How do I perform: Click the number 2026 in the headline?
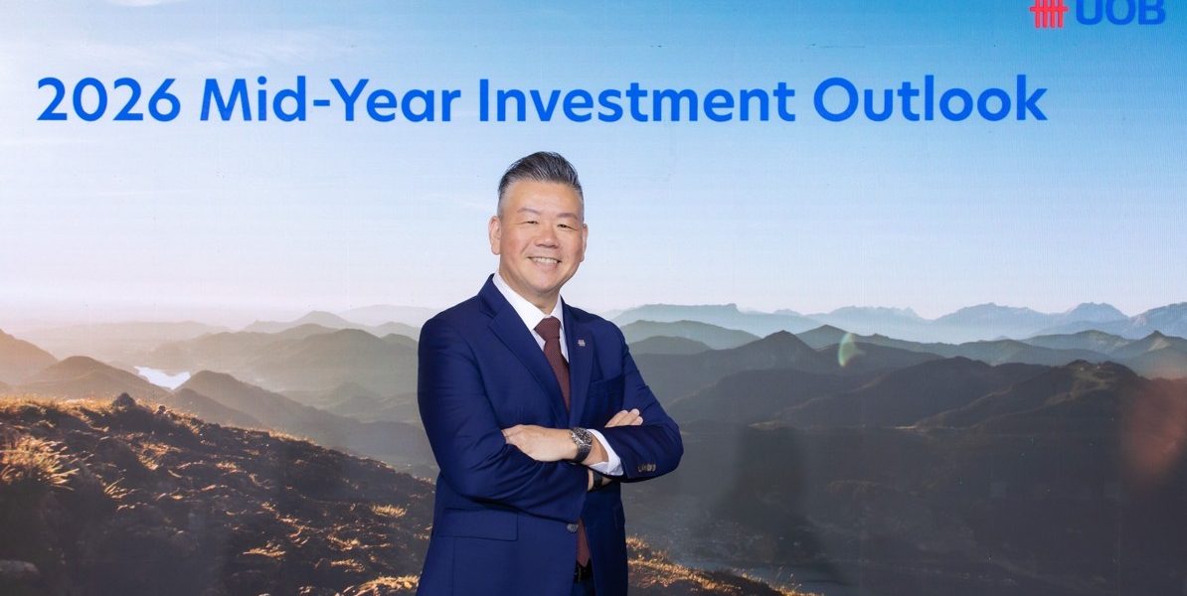[108, 99]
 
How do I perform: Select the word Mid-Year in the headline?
[330, 99]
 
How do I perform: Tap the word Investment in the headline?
[636, 99]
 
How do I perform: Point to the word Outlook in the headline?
[930, 98]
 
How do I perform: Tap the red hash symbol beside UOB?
[1049, 13]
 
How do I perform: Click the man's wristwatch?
[581, 444]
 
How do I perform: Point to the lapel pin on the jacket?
[581, 344]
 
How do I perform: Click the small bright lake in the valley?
[161, 376]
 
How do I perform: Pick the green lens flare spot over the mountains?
[849, 350]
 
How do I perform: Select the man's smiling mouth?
[544, 261]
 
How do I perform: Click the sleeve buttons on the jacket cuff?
[645, 468]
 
